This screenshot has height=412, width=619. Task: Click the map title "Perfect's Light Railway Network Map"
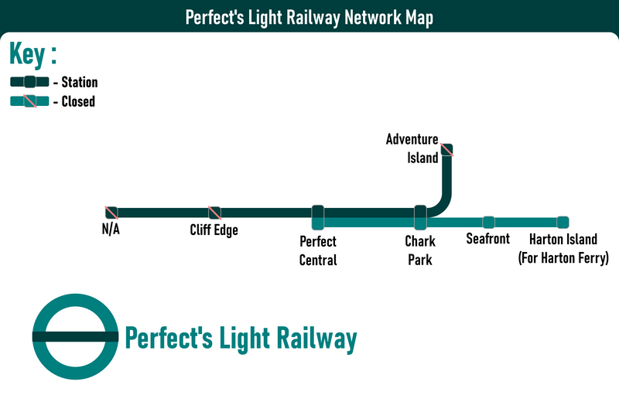click(x=309, y=18)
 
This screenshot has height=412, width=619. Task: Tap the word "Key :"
click(x=33, y=56)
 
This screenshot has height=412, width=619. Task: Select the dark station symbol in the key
click(x=29, y=82)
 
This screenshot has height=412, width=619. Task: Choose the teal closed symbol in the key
click(x=29, y=101)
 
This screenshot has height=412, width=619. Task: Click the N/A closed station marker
click(x=111, y=212)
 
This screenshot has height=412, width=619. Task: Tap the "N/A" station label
click(x=111, y=230)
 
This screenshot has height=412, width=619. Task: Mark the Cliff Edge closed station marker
click(x=214, y=212)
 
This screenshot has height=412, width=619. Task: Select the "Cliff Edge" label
click(x=214, y=230)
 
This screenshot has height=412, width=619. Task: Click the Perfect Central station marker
click(x=317, y=217)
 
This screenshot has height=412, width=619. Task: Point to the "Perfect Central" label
click(x=318, y=251)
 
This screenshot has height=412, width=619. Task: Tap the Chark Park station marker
click(x=420, y=217)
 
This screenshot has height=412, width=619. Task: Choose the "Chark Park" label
click(x=420, y=251)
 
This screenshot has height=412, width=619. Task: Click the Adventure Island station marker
click(x=446, y=150)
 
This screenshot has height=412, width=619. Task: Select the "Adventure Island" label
click(x=412, y=148)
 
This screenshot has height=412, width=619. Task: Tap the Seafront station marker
click(x=488, y=222)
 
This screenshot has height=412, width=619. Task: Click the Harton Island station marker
click(x=563, y=222)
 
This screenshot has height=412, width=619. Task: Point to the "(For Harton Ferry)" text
click(x=563, y=258)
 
